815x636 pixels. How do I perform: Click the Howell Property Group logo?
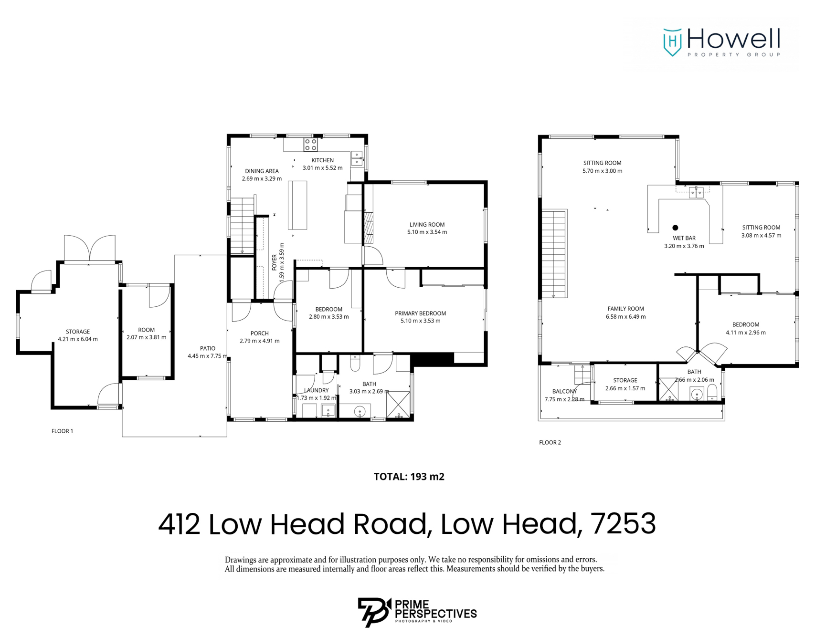tap(721, 42)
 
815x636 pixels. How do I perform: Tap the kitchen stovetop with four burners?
tap(311, 144)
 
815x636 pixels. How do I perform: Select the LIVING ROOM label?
tap(427, 225)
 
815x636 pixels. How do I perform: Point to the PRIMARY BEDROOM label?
tap(420, 313)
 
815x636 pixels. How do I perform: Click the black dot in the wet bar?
tap(675, 228)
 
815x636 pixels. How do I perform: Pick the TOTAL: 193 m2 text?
tap(409, 477)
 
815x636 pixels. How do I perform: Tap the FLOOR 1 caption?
tap(62, 431)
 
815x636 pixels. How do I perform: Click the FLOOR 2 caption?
tap(550, 443)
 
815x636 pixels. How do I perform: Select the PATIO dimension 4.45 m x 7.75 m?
tap(208, 356)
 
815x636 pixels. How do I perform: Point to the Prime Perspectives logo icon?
tap(373, 611)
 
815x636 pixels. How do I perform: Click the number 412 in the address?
tap(179, 524)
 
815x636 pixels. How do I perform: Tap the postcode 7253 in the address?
tap(623, 524)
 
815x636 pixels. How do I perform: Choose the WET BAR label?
tap(684, 238)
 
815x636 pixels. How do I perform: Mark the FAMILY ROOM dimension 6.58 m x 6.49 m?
tap(625, 317)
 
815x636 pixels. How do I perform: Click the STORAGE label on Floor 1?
tap(78, 332)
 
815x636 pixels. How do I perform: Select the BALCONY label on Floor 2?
tap(564, 391)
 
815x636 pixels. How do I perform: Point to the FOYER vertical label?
tap(275, 262)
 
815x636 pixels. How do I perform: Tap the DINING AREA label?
tap(262, 171)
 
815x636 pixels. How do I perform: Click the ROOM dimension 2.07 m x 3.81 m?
tap(146, 337)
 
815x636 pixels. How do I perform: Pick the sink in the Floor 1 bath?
tap(360, 411)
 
